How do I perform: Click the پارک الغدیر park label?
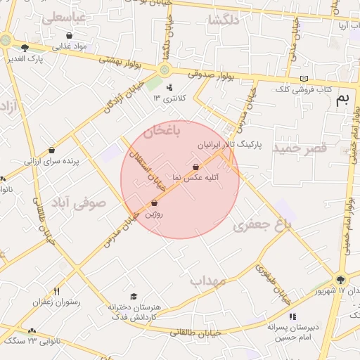point(46,58)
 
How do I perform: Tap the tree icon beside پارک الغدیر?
point(25,49)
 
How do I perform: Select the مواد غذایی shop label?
point(70,46)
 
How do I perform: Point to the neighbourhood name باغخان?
point(163,131)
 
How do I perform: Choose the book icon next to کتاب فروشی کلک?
point(304,78)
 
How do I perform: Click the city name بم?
point(342,99)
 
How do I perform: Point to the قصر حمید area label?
point(300,149)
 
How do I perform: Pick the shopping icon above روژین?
point(154,203)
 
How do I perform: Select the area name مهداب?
point(207,281)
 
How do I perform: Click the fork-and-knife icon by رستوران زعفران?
point(57,291)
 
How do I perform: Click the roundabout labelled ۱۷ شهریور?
point(341,278)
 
